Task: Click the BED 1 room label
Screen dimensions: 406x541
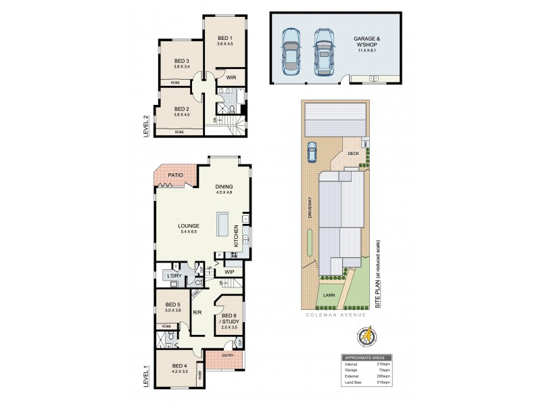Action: [225, 39]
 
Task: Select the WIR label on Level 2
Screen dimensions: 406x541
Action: [231, 77]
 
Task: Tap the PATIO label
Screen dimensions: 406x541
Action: [176, 175]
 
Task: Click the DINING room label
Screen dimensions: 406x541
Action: [224, 187]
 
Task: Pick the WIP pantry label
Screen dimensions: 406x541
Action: [229, 272]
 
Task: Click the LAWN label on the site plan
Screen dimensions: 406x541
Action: [329, 296]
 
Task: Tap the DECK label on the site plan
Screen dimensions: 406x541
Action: [353, 153]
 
